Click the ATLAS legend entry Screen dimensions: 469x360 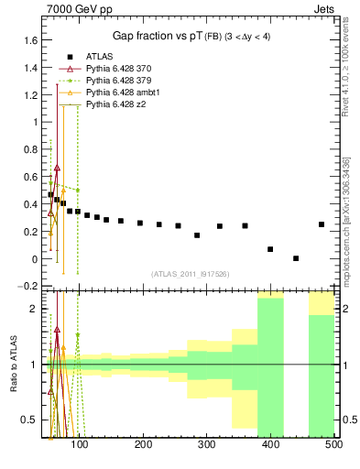(x=100, y=57)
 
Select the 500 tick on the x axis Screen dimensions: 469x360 (x=333, y=445)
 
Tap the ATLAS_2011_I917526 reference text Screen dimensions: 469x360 (x=190, y=274)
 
